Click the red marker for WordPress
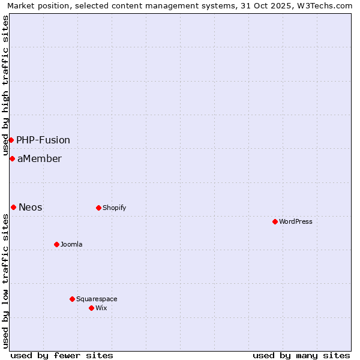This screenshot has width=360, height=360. coord(275,221)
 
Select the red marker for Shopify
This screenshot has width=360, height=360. coord(98,208)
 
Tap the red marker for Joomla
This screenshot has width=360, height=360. coord(56,244)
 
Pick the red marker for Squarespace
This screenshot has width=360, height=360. coord(72,299)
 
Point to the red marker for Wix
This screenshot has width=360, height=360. coord(91,308)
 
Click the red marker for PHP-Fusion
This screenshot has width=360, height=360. coord(11,140)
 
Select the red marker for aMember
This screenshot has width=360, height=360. coord(12,158)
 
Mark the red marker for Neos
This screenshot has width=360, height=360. coord(13,207)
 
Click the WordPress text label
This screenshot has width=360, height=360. coord(296,221)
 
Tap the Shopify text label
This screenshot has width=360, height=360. coord(114,208)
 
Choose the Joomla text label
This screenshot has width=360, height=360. coord(71,244)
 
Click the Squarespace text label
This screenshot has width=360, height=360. coord(97,299)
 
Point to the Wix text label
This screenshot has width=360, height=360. coord(101,308)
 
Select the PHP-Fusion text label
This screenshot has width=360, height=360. coord(43,140)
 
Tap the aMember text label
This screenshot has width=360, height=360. coord(40,158)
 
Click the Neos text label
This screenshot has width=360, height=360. coord(31,207)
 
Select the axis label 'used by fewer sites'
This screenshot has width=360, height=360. coord(62,355)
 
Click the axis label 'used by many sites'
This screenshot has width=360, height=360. coord(301,355)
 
